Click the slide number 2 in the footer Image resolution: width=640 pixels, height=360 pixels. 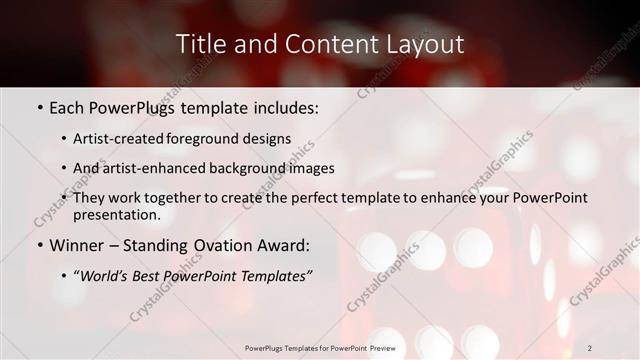coord(589,347)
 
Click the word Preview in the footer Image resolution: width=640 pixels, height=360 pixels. coord(377,347)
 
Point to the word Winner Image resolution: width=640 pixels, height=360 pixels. coord(79,245)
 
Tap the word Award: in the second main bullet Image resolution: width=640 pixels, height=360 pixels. coord(286,245)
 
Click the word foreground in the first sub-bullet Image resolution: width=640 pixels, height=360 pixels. coord(213,139)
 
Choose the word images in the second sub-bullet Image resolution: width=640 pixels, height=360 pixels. coord(313,168)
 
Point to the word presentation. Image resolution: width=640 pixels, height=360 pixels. coord(117,214)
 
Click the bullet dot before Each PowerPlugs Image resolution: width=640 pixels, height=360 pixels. coord(38,105)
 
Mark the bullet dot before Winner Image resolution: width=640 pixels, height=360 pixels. coord(38,245)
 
